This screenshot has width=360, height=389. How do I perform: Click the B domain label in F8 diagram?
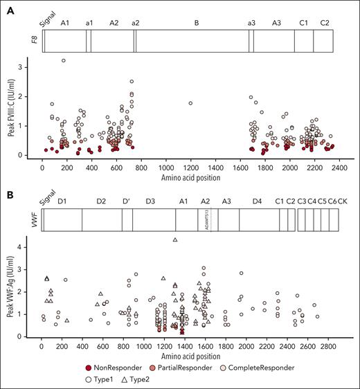[197, 23]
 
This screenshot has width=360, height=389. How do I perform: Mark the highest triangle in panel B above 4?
[175, 239]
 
